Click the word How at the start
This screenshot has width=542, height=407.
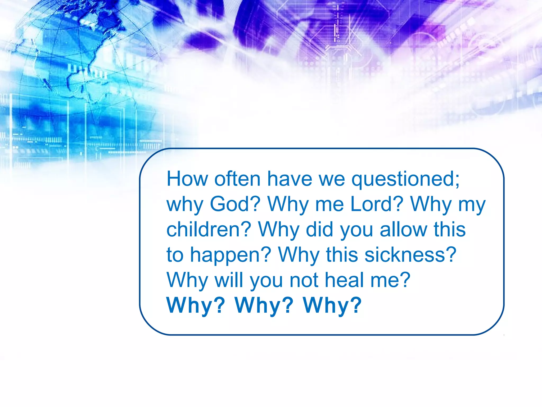(187, 179)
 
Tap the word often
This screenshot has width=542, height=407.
(237, 179)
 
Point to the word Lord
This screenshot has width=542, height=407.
(377, 204)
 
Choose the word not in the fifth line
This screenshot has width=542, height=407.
(304, 280)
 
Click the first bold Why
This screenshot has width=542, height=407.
(195, 306)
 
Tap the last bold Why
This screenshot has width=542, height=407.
(332, 306)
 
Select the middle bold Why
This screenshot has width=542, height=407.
(264, 306)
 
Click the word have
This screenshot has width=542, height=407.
(290, 179)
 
